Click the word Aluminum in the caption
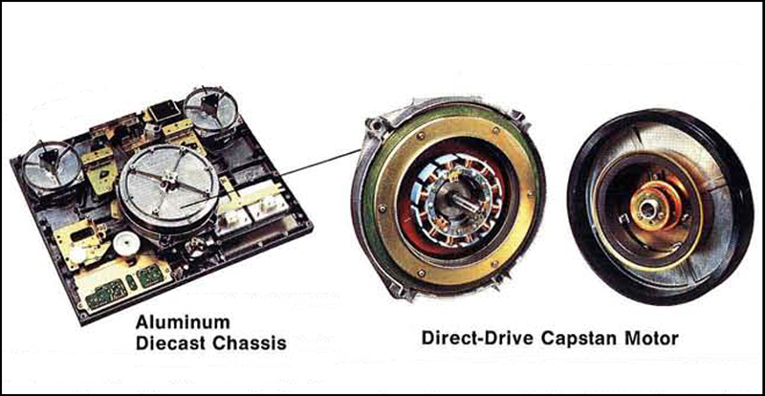pyautogui.click(x=183, y=322)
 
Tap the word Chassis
pyautogui.click(x=248, y=342)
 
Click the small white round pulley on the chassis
pyautogui.click(x=126, y=243)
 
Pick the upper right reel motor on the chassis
pyautogui.click(x=210, y=109)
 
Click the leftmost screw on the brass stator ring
pyautogui.click(x=382, y=208)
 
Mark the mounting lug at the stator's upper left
pyautogui.click(x=375, y=124)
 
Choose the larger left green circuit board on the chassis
pyautogui.click(x=106, y=293)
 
